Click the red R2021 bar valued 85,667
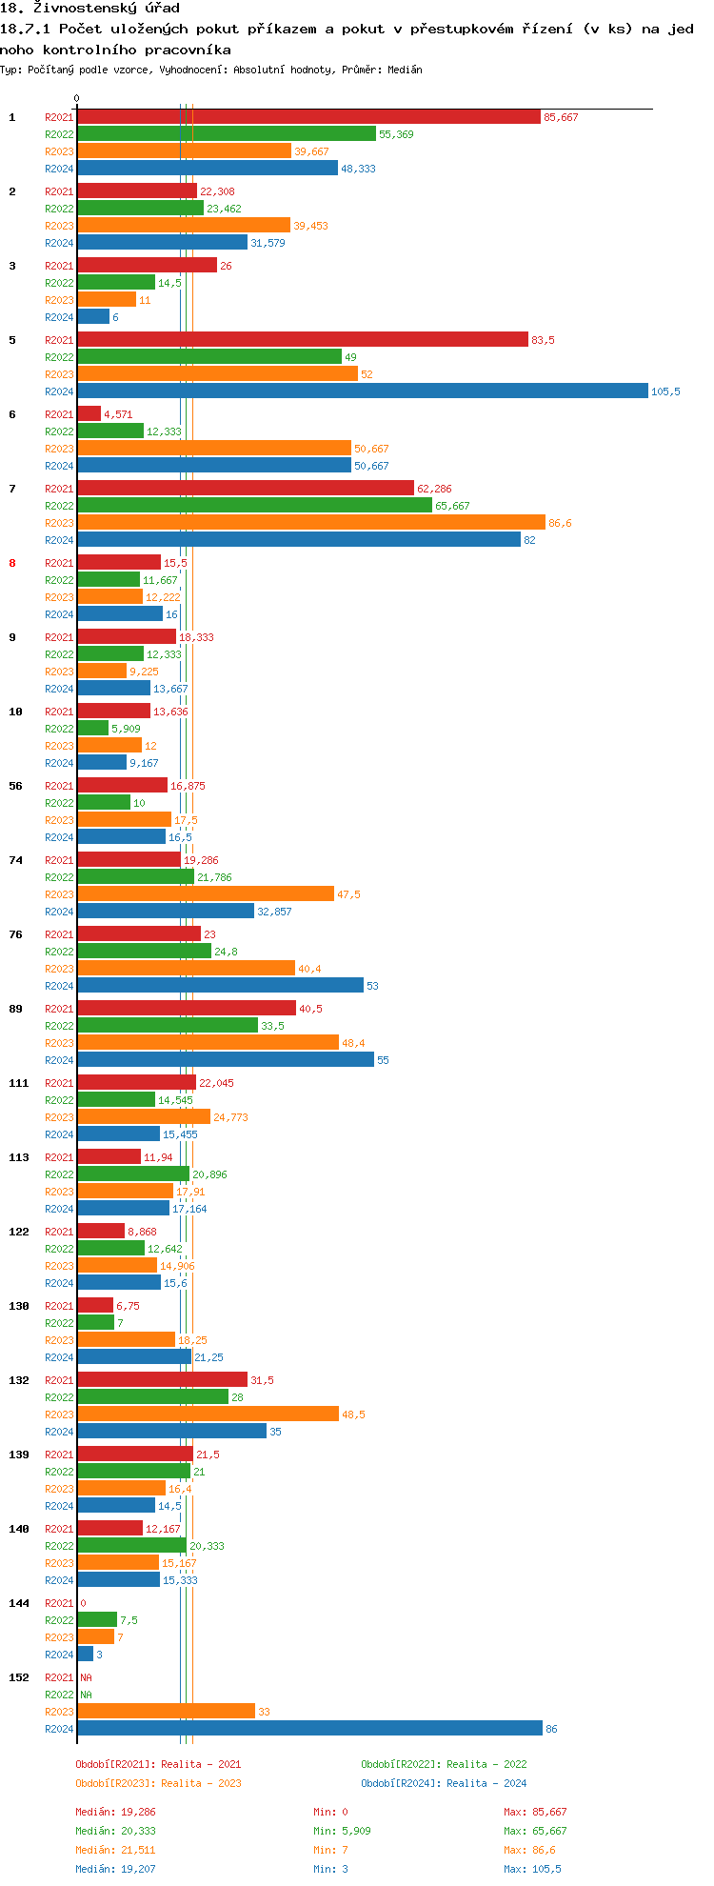[x=308, y=117]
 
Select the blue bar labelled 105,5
[x=362, y=391]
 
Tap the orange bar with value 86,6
[x=310, y=523]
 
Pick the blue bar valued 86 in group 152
[x=309, y=1729]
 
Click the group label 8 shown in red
[x=12, y=563]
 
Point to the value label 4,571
[x=118, y=414]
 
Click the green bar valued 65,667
[x=254, y=506]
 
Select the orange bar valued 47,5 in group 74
[x=206, y=894]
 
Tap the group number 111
[x=19, y=1083]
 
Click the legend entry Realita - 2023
[x=158, y=1783]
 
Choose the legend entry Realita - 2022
[x=444, y=1764]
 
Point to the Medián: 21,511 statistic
[x=115, y=1850]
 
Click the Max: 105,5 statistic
[x=532, y=1869]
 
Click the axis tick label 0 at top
[x=77, y=98]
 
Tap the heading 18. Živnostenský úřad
[x=90, y=9]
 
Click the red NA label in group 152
[x=86, y=1677]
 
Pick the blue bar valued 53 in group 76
[x=220, y=986]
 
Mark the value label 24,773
[x=230, y=1117]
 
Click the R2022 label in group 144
[x=59, y=1620]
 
